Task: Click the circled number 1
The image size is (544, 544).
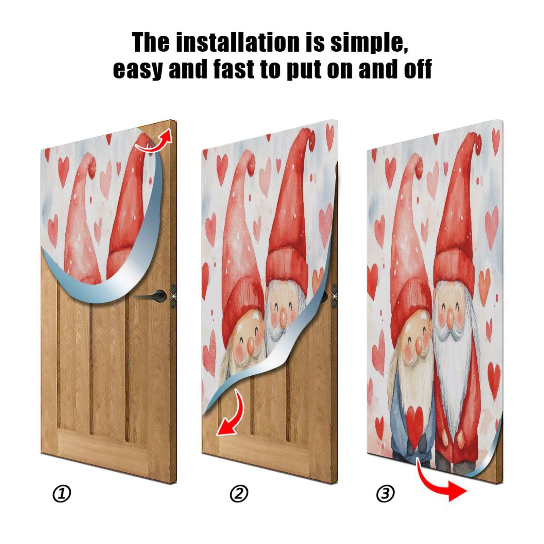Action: tap(62, 493)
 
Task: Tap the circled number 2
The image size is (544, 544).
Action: tap(239, 493)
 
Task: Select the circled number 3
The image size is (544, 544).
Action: tap(385, 493)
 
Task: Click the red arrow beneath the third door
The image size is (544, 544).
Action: tap(442, 485)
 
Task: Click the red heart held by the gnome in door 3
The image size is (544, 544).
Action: tap(415, 422)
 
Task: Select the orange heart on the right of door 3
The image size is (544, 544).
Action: tap(484, 282)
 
